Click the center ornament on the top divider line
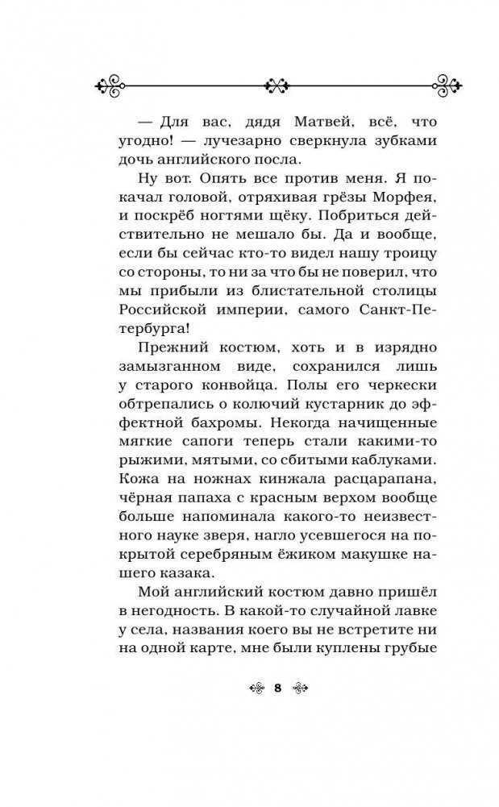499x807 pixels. (277, 84)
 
